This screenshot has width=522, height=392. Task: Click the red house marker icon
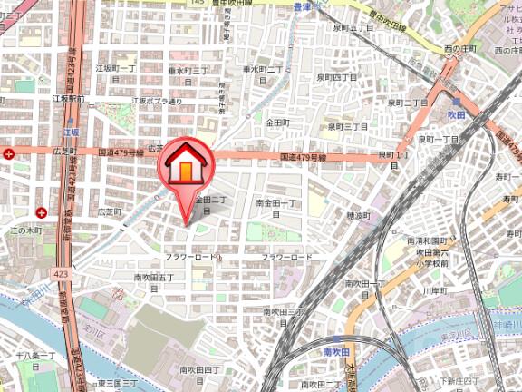point(185,164)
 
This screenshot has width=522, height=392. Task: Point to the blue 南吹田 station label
point(337,349)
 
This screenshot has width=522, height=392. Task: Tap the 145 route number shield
point(197,3)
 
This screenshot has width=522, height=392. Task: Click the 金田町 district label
point(277,122)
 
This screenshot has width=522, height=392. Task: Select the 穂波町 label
point(360,215)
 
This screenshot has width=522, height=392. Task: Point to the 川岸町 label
point(437,289)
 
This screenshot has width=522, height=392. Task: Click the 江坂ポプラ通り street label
point(158,101)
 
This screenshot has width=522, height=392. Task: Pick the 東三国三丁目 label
point(117,384)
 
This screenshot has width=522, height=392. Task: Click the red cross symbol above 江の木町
point(42,212)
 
